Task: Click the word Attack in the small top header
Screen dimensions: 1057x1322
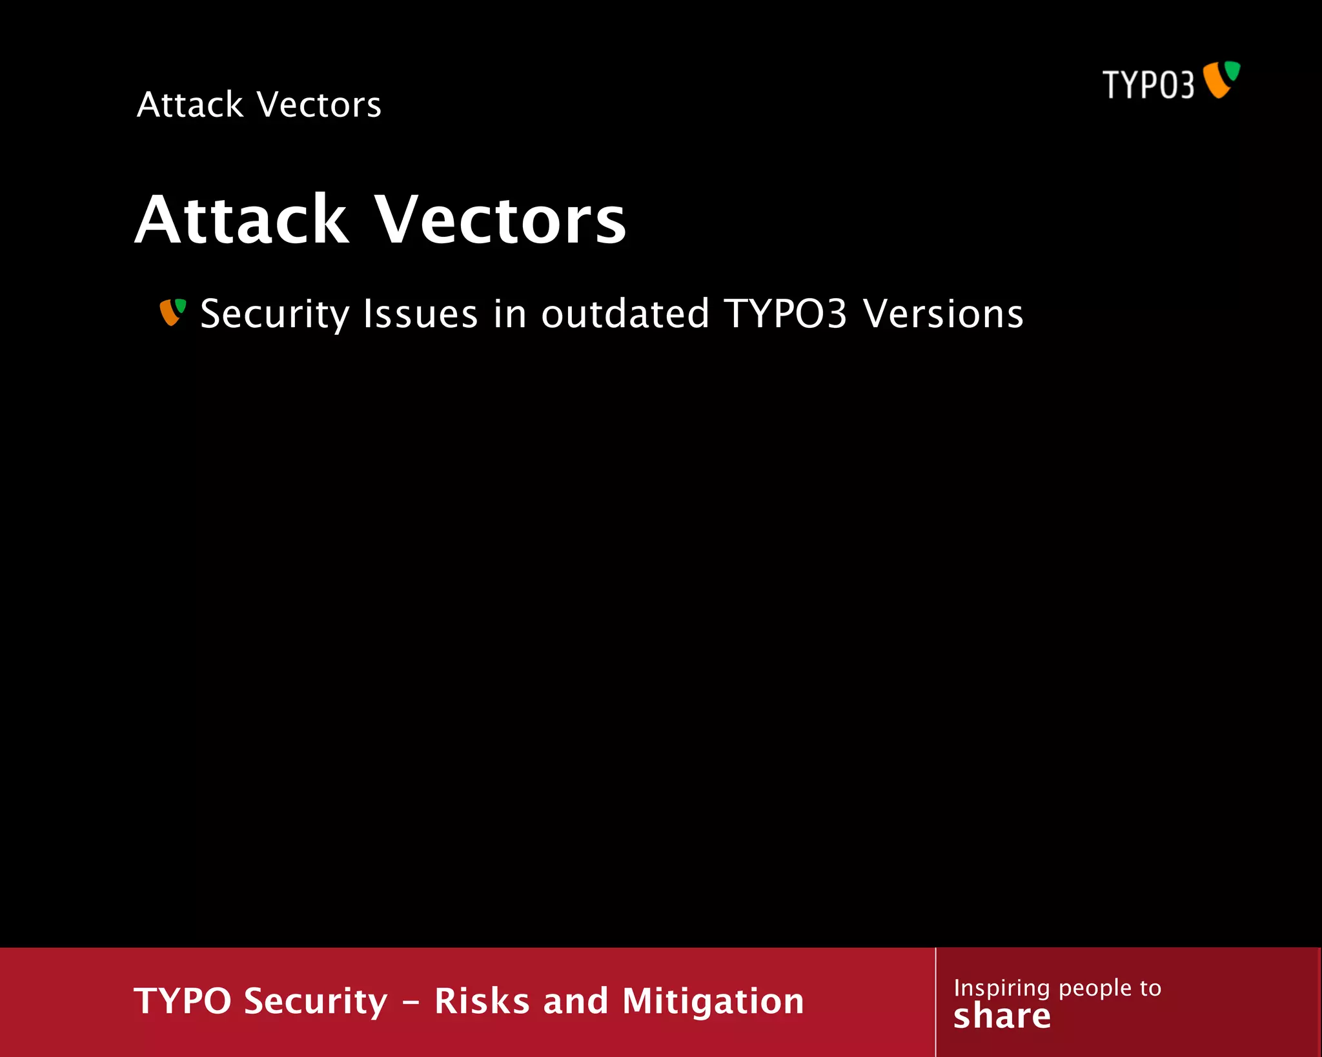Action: click(x=190, y=105)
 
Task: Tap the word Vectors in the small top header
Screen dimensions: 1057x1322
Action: click(x=319, y=105)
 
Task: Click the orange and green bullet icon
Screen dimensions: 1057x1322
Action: click(x=172, y=312)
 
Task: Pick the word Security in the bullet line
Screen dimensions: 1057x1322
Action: click(x=275, y=314)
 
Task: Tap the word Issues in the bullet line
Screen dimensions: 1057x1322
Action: click(x=420, y=314)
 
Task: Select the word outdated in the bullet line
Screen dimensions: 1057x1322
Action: click(x=625, y=314)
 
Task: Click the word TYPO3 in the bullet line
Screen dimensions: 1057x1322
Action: click(x=785, y=314)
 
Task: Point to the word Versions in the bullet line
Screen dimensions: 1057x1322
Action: click(x=943, y=314)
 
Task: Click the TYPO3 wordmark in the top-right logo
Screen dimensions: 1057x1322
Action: click(x=1148, y=85)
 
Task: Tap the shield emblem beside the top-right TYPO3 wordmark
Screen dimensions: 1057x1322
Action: click(x=1221, y=79)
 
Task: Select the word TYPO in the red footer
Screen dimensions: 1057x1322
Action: click(x=183, y=1001)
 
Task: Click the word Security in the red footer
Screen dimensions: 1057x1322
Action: click(x=316, y=1002)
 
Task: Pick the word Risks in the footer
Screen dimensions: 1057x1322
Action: click(x=482, y=1001)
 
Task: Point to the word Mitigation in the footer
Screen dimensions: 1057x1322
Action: click(x=713, y=1002)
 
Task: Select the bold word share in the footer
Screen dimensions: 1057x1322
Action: click(x=1002, y=1016)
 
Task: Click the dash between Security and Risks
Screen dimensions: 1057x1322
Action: click(x=412, y=1003)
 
